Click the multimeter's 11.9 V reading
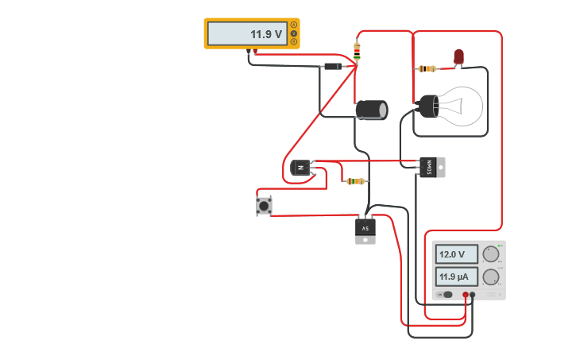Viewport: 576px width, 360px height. coord(265,34)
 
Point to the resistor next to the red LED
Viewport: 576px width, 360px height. coord(427,69)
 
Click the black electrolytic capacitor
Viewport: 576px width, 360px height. coord(371,110)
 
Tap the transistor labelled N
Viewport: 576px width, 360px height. coord(300,167)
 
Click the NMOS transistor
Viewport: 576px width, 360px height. coord(431,167)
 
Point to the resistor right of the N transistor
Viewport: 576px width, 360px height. coord(355,181)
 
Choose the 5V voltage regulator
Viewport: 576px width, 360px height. coord(365,230)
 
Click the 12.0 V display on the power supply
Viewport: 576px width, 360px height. coord(456,254)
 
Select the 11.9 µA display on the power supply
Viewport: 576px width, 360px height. coord(456,277)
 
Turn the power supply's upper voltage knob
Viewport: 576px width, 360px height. coord(491,254)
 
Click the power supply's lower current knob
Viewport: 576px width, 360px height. coord(491,277)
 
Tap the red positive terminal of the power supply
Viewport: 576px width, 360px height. coord(466,295)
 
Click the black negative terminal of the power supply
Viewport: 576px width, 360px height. coord(473,295)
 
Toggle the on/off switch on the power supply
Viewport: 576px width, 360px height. coord(446,295)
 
